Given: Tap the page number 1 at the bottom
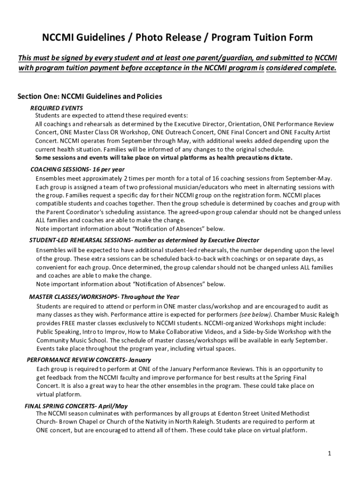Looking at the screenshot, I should (330, 453).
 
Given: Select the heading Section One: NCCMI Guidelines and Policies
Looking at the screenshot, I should (90, 96).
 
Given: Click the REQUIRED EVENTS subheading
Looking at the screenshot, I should (57, 108).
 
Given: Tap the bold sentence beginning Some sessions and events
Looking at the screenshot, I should (164, 157).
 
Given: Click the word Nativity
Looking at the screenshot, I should (167, 422).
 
